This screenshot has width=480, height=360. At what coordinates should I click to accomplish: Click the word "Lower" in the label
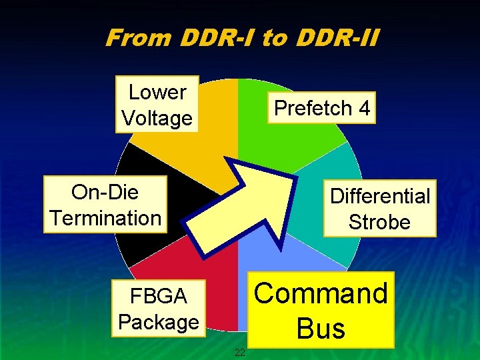[157, 92]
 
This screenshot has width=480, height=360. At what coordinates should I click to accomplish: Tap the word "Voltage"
[157, 118]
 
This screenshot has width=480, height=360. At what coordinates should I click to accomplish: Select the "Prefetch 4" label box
[322, 107]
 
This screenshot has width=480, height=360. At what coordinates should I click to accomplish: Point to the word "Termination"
[105, 218]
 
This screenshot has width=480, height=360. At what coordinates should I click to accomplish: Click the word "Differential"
[380, 196]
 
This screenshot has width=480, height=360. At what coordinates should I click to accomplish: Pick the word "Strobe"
[380, 222]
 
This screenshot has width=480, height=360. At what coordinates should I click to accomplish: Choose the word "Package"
[158, 322]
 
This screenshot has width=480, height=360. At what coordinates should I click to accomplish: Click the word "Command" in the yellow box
[321, 293]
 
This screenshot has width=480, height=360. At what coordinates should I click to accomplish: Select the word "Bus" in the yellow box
[321, 329]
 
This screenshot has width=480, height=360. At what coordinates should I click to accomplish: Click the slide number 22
[241, 352]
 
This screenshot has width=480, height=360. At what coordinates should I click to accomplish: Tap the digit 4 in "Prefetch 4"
[363, 107]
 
